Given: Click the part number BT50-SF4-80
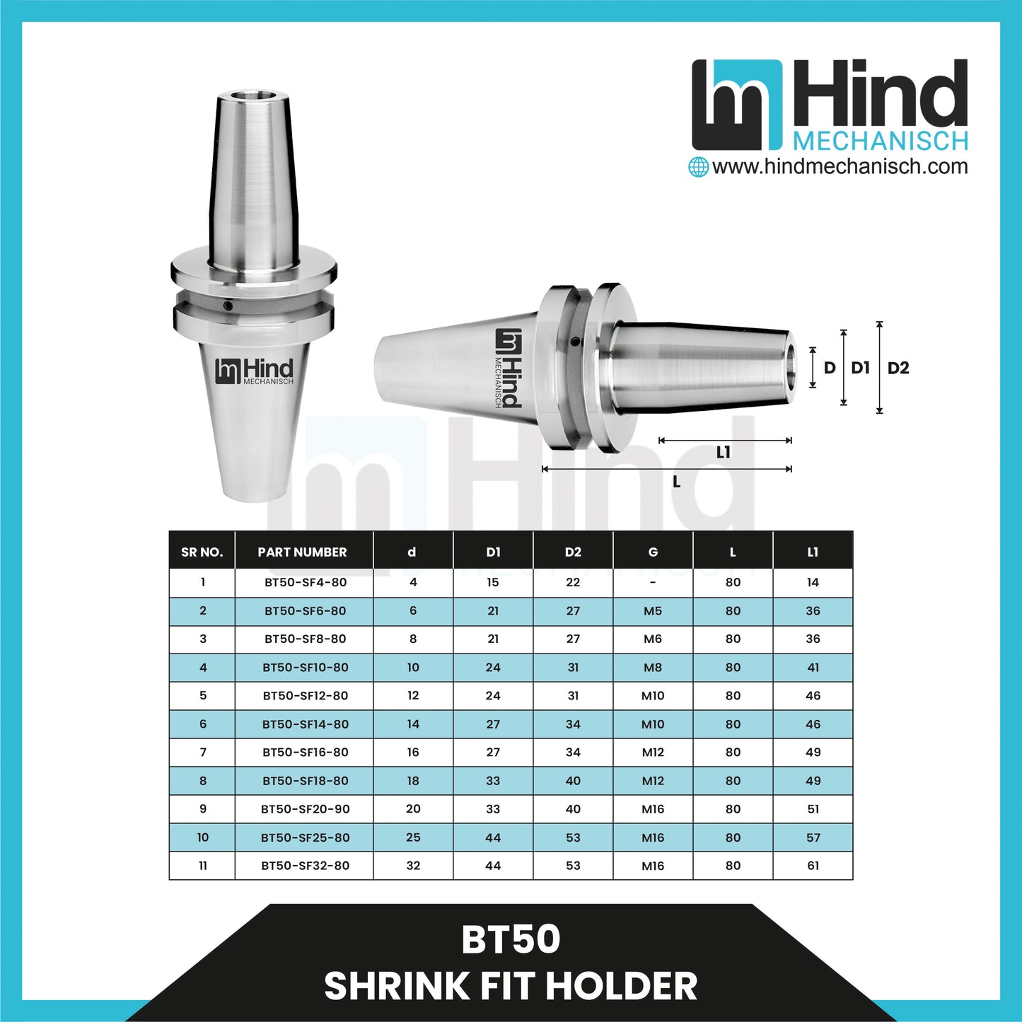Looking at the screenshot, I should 306,583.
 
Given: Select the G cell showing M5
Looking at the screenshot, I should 653,611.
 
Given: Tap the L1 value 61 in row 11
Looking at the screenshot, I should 813,866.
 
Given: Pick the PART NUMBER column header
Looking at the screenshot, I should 302,552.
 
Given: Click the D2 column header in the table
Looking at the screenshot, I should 573,552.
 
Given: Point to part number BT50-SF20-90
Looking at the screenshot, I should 306,809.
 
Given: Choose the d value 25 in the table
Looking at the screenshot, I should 413,837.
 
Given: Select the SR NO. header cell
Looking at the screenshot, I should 202,552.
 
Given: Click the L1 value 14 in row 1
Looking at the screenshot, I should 813,583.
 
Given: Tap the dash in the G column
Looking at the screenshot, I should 653,583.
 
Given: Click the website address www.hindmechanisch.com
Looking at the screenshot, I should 840,167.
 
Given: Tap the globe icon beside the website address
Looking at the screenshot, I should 699,168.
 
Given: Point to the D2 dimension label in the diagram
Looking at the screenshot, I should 898,368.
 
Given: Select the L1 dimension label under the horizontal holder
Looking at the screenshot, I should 723,453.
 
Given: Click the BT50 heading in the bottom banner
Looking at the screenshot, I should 511,940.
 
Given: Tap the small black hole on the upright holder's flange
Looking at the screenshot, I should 228,306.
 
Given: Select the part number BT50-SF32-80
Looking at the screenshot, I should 306,866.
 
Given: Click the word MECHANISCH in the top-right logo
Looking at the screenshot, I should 880,141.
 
